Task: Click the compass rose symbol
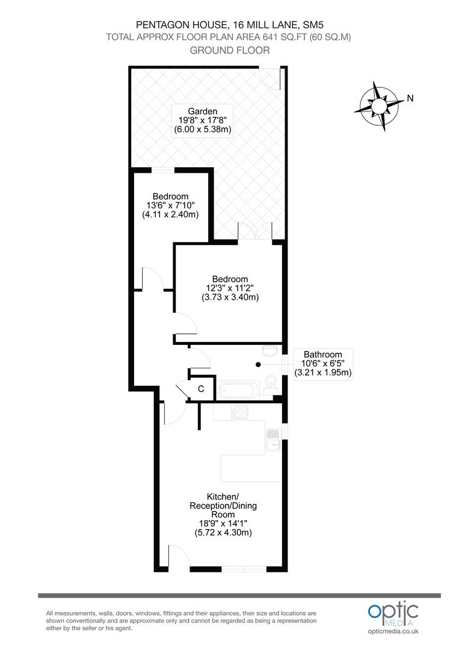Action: [x=380, y=107]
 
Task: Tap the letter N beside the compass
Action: [x=410, y=99]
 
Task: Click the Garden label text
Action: [x=202, y=111]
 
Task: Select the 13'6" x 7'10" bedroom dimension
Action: [x=170, y=205]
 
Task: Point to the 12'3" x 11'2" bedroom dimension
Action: [x=230, y=288]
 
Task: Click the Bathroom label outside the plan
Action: [x=322, y=354]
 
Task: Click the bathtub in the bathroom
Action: [x=238, y=390]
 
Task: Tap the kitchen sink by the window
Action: [x=274, y=439]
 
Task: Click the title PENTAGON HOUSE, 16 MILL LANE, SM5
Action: [x=229, y=25]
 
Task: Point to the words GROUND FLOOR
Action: [x=229, y=50]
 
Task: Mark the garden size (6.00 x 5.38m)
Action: [x=203, y=129]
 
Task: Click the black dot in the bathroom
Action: [x=258, y=364]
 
